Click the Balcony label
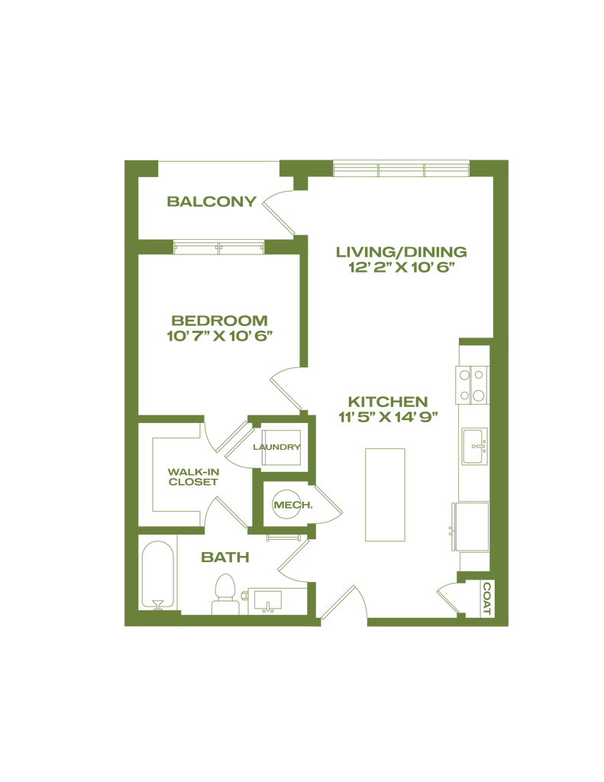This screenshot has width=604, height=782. click(212, 202)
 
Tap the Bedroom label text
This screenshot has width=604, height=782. click(219, 319)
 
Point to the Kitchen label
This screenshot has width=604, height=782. click(389, 402)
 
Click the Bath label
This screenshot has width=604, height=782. click(225, 558)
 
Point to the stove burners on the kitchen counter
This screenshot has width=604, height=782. click(470, 385)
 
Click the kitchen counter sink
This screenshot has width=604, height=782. click(473, 446)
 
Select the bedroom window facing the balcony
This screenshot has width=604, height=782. click(218, 247)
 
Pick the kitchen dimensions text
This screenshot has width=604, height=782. click(389, 418)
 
